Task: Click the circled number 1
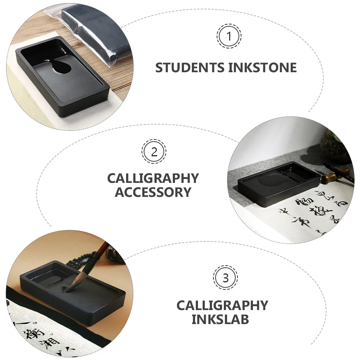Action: click(x=229, y=36)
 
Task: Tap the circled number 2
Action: click(x=154, y=152)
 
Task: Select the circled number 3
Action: click(x=225, y=278)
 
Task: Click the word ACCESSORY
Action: click(x=153, y=192)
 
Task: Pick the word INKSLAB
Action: click(x=220, y=319)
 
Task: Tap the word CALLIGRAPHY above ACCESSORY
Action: click(x=153, y=178)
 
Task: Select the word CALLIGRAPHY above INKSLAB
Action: click(x=222, y=305)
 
